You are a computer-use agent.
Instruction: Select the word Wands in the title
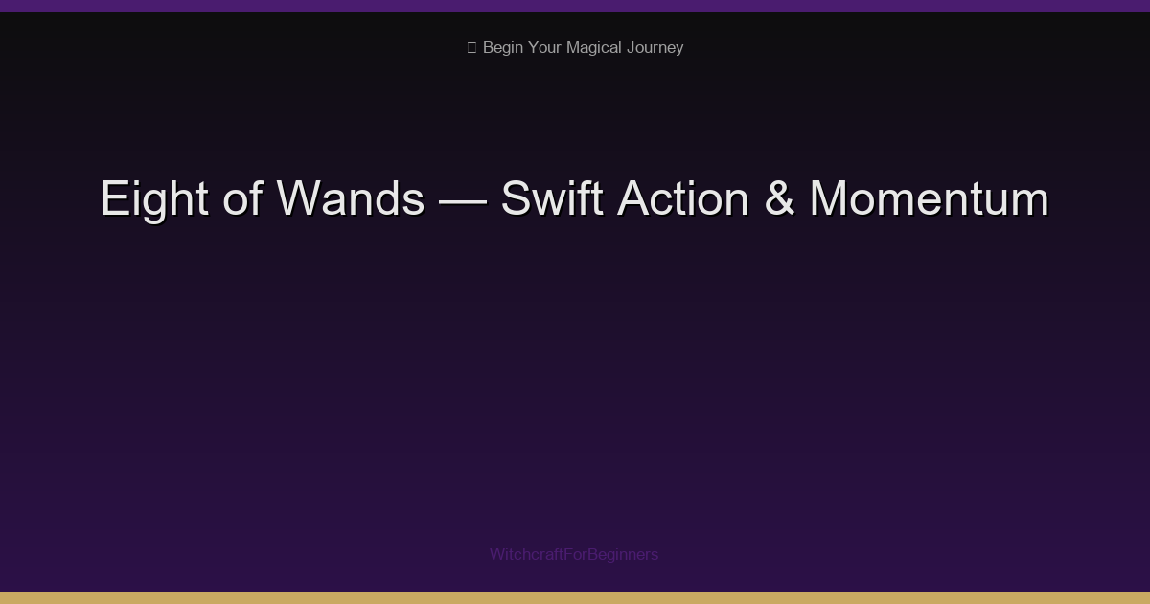coord(350,199)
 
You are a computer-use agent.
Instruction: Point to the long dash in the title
coord(462,199)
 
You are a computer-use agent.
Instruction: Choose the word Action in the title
coord(682,199)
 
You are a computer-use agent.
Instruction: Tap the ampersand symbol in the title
coord(779,199)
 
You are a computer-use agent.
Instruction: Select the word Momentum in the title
coord(929,199)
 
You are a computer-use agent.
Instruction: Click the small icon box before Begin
coord(471,47)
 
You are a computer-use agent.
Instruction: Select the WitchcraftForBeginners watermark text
coord(574,554)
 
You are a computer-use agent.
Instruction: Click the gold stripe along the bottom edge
coord(575,598)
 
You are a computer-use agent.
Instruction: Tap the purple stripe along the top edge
coord(575,6)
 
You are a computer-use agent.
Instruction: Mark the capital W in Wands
coord(297,199)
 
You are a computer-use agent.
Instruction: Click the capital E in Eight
coord(113,199)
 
